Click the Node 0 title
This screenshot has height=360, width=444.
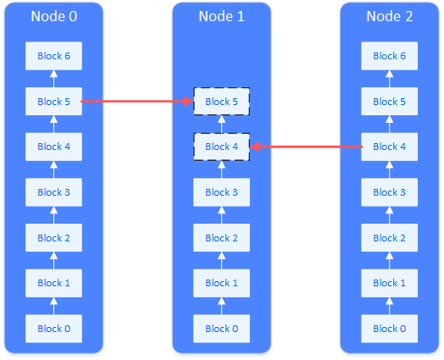coord(53,16)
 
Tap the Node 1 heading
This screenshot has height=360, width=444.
coord(221,16)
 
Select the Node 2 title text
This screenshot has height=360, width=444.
coord(390,16)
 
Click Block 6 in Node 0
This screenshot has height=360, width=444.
coord(53,56)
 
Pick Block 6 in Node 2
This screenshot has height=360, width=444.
coord(390,56)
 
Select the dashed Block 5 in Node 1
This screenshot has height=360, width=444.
coord(221,102)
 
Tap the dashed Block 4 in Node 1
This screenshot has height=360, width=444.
coord(221,147)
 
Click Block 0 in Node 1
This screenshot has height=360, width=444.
coord(221,329)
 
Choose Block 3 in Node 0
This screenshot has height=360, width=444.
coord(53,192)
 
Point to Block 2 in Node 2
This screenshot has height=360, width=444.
coord(390,238)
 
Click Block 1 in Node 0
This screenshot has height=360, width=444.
coord(53,283)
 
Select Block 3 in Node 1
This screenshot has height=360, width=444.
coord(221,192)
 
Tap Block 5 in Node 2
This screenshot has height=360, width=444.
coord(390,102)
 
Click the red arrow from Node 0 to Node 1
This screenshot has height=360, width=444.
coord(137,101)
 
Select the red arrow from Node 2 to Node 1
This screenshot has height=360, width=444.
coord(306,147)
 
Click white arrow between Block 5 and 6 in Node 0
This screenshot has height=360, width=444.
coord(53,79)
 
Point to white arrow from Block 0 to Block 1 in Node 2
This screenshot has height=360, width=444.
coord(390,306)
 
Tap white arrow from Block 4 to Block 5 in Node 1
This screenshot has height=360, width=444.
coord(221,124)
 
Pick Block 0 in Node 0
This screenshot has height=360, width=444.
coord(53,329)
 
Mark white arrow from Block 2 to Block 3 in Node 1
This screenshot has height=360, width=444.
coord(221,215)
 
